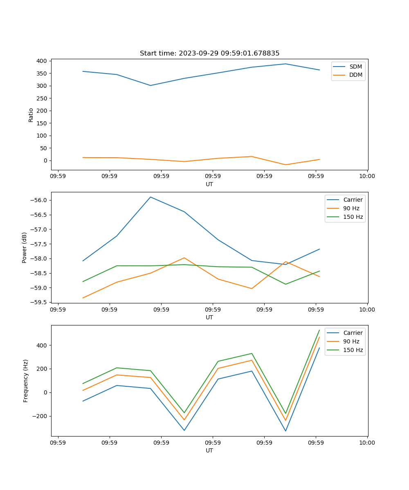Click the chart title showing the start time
coord(209,53)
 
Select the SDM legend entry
coord(355,66)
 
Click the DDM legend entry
coord(355,75)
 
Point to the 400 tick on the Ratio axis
coord(42,61)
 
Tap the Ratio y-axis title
coord(31,115)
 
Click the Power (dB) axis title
coord(25,247)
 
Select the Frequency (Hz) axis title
coord(26,381)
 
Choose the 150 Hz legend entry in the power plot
coord(353,217)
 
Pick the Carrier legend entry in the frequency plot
coord(353,333)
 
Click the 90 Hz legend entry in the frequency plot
coord(351,341)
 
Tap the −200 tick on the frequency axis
coord(40,416)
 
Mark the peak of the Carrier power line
coord(151,197)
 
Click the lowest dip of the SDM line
coord(151,85)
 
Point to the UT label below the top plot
coord(209,184)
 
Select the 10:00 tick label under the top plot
coord(367,177)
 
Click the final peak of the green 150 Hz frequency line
coord(319,330)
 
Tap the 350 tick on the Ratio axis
coord(42,73)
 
